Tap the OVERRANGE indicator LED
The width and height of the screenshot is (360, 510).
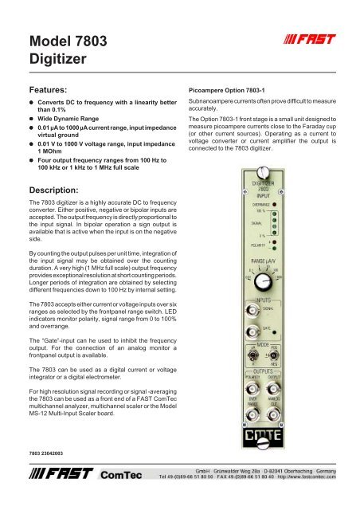point(296,205)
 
